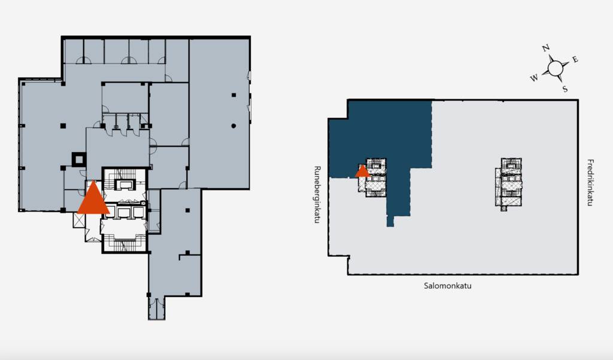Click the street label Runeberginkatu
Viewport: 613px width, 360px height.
(317, 195)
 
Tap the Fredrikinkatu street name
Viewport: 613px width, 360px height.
(590, 182)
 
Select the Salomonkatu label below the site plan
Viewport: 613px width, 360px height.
(448, 286)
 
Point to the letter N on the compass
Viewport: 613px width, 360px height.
(546, 48)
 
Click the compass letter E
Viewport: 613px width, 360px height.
(575, 59)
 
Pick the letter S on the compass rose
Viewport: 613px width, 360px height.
(565, 89)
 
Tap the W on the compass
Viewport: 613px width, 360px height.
(534, 78)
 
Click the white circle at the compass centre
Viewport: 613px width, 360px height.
(555, 68)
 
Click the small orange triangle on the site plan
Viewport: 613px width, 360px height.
(362, 172)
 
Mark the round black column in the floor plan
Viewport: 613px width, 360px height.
(233, 126)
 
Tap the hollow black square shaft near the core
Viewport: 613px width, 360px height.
(79, 159)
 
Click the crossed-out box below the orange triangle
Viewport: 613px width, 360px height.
(79, 220)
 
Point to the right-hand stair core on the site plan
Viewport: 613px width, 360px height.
(509, 184)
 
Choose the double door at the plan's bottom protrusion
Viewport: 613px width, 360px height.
(156, 308)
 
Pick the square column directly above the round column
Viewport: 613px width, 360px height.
(234, 95)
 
